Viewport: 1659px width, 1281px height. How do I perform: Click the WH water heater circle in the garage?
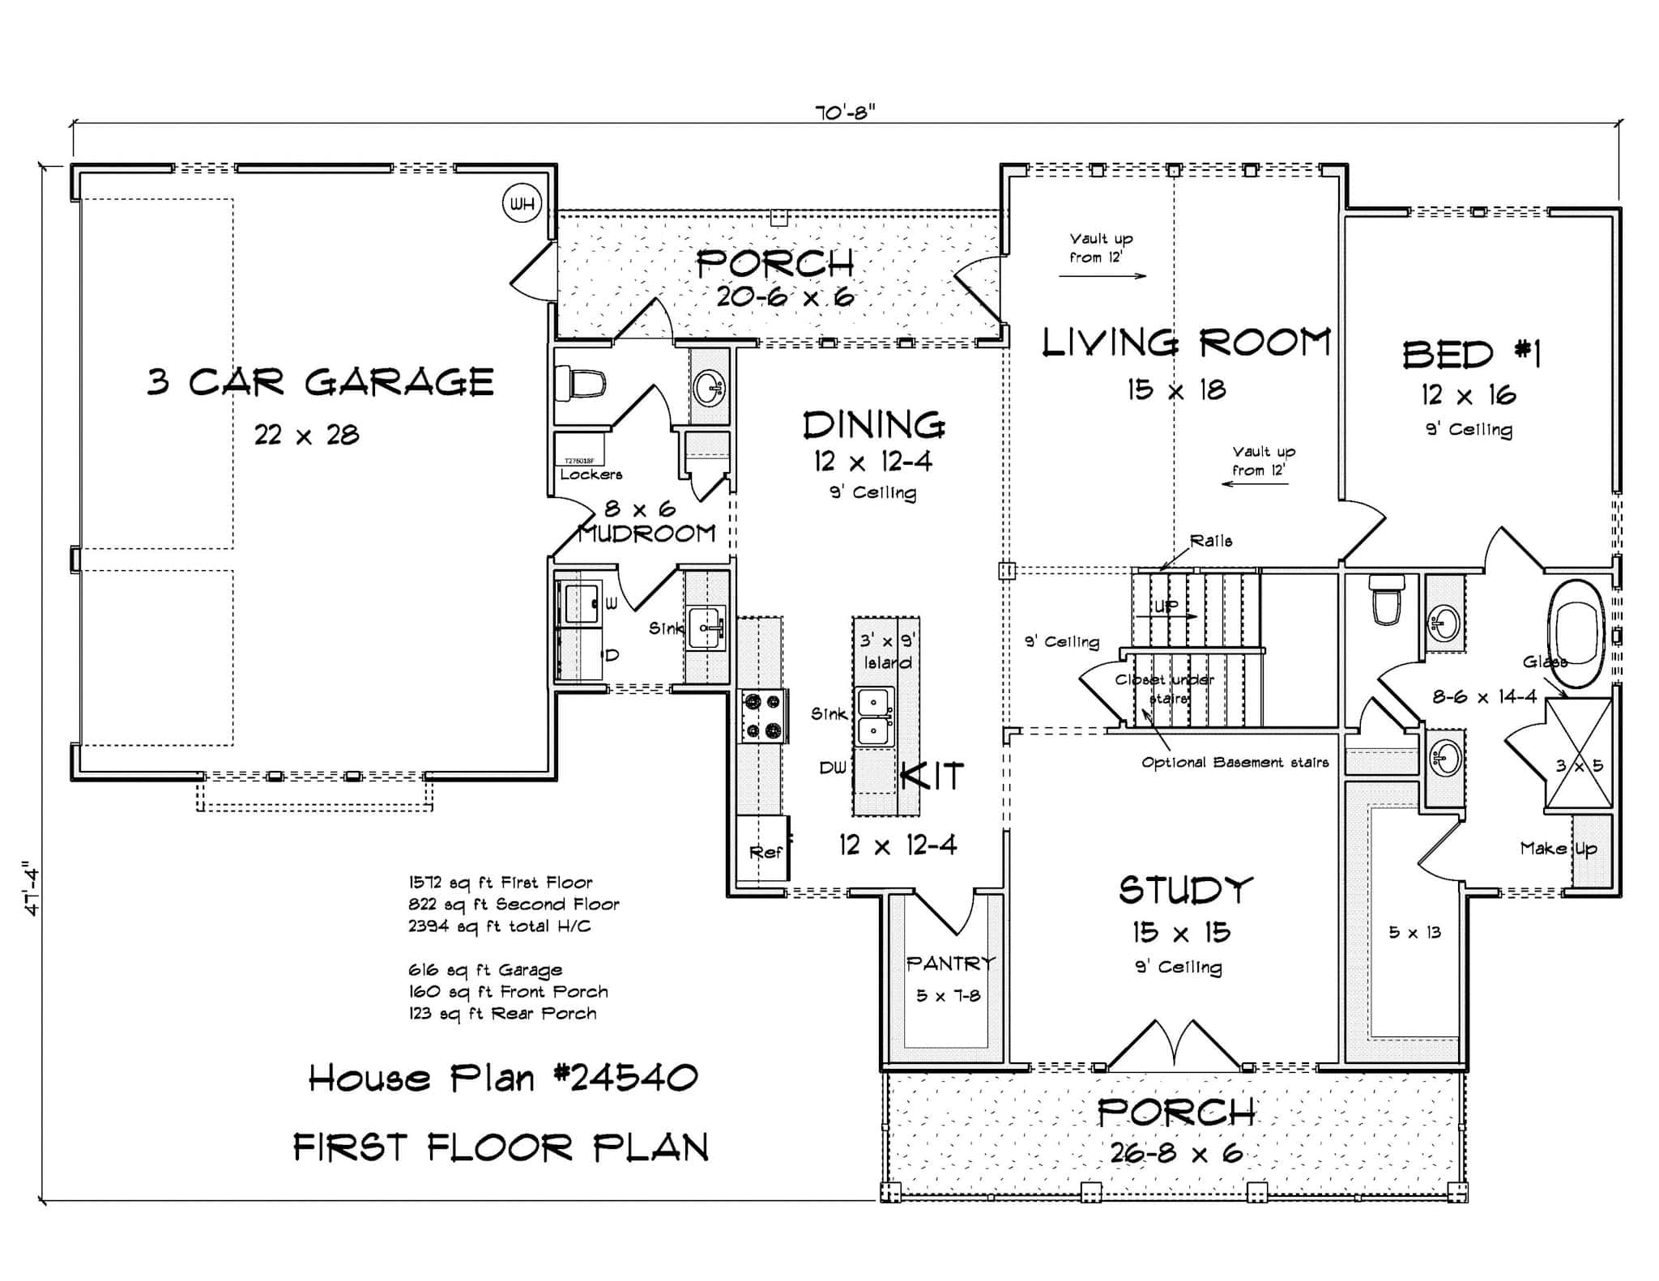click(x=522, y=204)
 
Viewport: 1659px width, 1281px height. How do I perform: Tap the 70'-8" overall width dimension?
click(x=845, y=113)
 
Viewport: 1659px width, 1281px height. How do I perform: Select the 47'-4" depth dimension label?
click(x=32, y=887)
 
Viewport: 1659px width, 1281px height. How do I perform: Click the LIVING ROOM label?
click(x=1186, y=343)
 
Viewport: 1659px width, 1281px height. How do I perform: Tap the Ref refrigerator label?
click(x=766, y=852)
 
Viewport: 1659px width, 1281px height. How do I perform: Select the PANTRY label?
click(x=950, y=963)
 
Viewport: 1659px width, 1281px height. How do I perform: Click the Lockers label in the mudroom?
click(x=591, y=475)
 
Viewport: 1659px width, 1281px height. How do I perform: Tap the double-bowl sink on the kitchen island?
click(x=876, y=717)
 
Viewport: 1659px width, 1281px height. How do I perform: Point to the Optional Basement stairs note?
click(x=1235, y=762)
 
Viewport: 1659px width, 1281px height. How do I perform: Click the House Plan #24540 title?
click(x=503, y=1078)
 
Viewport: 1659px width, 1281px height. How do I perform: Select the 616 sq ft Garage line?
click(x=485, y=970)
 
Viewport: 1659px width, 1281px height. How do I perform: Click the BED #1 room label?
click(x=1470, y=355)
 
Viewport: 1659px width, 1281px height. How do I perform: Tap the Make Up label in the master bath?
click(x=1558, y=849)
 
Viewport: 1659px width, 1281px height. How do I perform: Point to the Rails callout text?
click(x=1211, y=541)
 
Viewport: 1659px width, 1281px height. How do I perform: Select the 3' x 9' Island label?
click(x=887, y=651)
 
